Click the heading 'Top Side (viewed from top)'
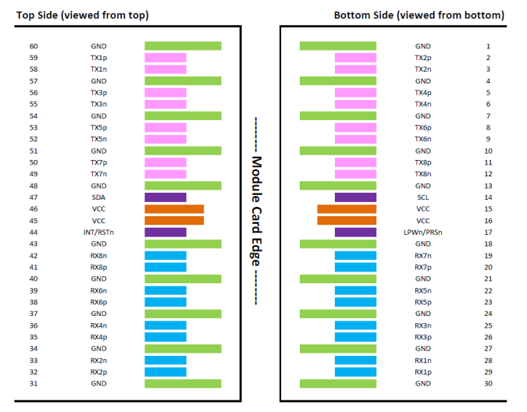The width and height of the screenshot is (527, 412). (x=82, y=16)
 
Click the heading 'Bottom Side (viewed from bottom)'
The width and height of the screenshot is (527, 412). (x=419, y=16)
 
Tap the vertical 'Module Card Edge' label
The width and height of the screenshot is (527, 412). (x=256, y=211)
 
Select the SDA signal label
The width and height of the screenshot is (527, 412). (x=98, y=197)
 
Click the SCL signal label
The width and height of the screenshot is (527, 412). (x=423, y=197)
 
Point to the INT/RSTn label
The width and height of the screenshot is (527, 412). (x=98, y=233)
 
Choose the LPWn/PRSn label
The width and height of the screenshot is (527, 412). (x=423, y=233)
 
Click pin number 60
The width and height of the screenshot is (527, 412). (x=34, y=46)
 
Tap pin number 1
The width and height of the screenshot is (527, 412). (x=488, y=46)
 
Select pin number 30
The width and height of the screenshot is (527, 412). (x=488, y=383)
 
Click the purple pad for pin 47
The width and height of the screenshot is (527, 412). (x=166, y=197)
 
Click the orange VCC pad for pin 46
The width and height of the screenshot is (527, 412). (x=174, y=209)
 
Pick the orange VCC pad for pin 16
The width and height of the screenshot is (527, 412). (x=347, y=221)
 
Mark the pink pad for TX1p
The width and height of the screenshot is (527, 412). (x=166, y=58)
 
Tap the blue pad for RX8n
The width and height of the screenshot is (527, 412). (x=166, y=255)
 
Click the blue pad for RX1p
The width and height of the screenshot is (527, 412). (x=355, y=372)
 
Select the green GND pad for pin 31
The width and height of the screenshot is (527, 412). (x=183, y=383)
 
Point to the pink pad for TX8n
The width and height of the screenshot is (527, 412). (x=355, y=174)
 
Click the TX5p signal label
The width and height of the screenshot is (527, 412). (x=98, y=128)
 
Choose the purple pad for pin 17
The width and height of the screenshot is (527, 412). (x=355, y=233)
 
